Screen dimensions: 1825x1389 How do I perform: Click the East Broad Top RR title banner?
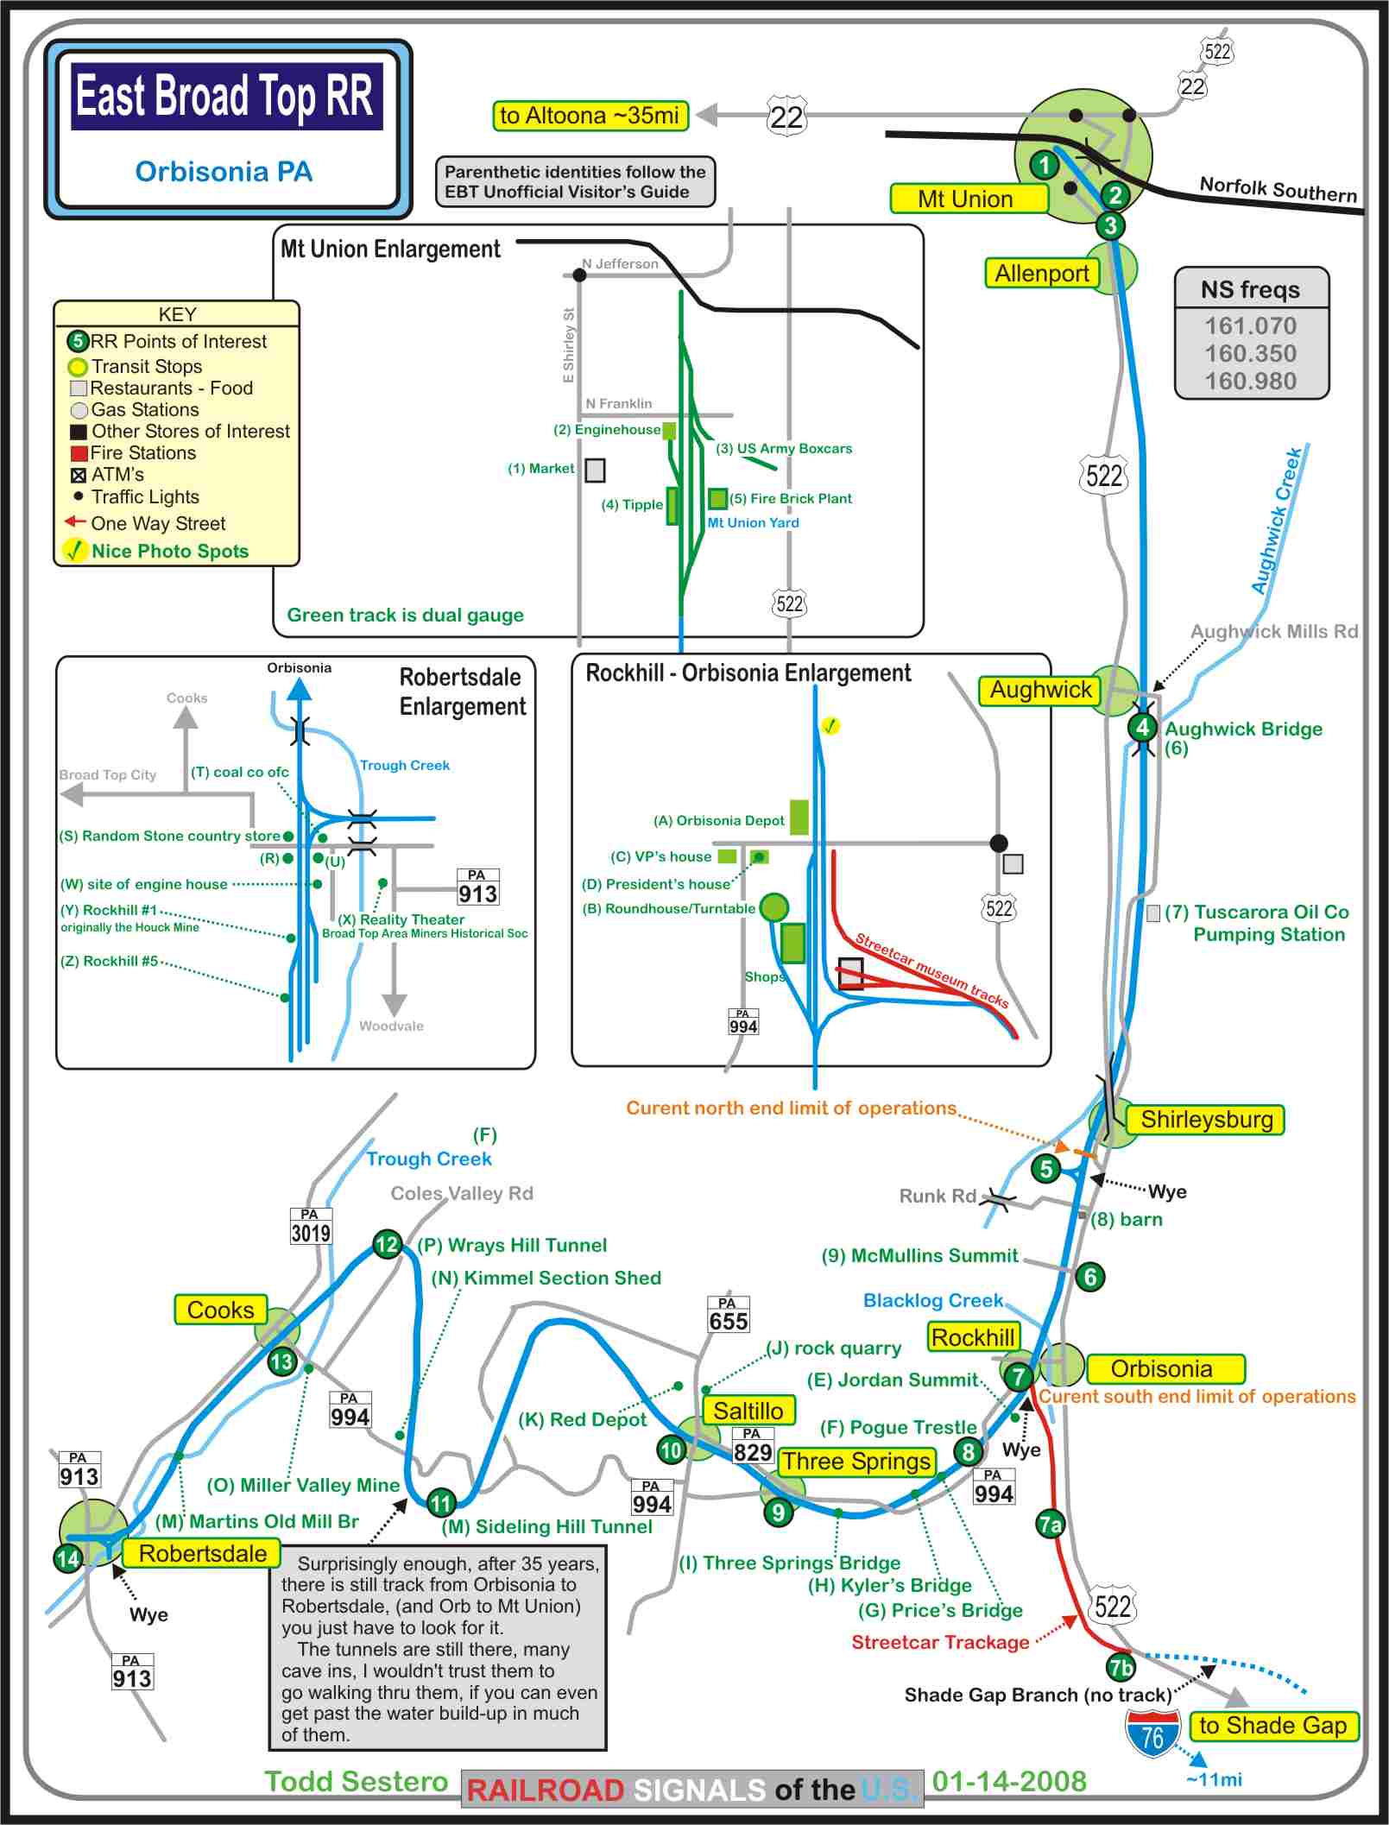point(226,96)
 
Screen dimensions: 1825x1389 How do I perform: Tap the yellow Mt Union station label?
point(968,199)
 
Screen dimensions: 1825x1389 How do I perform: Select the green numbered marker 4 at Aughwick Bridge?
point(1142,727)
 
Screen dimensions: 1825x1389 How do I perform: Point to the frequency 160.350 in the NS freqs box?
point(1250,353)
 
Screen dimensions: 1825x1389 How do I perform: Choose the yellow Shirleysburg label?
point(1206,1120)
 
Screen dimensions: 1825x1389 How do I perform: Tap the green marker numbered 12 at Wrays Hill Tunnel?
point(387,1244)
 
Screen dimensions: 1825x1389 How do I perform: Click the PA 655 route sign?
point(728,1315)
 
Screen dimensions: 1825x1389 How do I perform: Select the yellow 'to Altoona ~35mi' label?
point(590,116)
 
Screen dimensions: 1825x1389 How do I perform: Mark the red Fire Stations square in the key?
point(79,453)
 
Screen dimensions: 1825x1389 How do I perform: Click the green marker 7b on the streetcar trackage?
point(1121,1668)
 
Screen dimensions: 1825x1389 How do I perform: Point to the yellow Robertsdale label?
point(202,1554)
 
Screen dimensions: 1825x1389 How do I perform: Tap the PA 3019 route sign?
point(310,1226)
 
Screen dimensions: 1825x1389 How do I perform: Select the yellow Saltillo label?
point(748,1411)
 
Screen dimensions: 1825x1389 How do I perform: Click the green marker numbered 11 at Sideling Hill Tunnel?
point(441,1503)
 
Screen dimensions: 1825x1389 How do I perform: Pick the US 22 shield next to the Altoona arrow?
point(786,116)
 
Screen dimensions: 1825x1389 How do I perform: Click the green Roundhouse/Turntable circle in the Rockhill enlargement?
point(773,907)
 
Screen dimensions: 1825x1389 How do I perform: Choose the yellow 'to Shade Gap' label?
point(1272,1726)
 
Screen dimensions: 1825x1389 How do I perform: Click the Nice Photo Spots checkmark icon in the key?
point(75,550)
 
